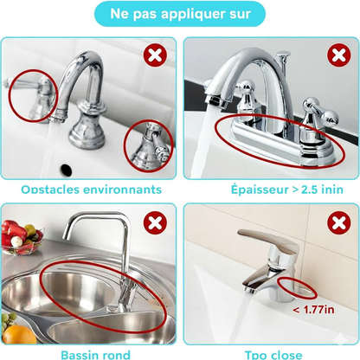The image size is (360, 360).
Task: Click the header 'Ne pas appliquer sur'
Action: click(179, 14)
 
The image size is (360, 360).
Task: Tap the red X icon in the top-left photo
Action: click(157, 56)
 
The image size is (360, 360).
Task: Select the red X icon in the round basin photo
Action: click(157, 224)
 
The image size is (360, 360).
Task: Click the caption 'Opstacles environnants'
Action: click(91, 188)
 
